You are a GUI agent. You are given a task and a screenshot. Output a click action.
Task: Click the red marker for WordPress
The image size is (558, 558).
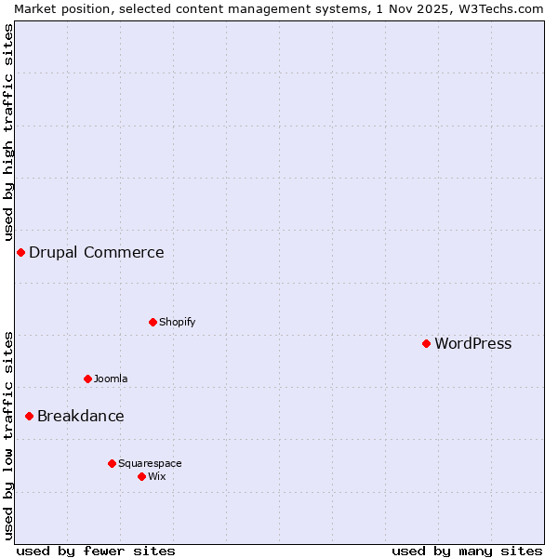coord(426,343)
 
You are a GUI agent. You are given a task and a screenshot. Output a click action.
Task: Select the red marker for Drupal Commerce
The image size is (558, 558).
coord(20,252)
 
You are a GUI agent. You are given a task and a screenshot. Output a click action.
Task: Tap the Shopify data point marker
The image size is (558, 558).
coord(153,322)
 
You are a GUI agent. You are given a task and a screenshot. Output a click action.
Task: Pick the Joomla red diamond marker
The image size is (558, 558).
coord(87,379)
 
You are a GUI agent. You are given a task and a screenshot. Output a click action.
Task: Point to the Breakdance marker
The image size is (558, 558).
coord(29,416)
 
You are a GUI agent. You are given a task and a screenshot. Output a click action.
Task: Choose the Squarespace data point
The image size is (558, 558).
coord(112,463)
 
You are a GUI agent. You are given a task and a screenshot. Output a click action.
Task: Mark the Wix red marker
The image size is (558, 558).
coord(141,476)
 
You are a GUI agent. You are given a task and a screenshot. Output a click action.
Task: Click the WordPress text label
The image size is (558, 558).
coord(472,343)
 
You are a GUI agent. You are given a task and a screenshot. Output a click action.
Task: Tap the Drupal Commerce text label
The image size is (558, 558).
coord(96,252)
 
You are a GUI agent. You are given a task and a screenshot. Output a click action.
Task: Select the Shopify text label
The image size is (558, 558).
coord(177,322)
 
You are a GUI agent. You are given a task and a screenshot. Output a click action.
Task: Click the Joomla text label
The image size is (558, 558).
coord(111,379)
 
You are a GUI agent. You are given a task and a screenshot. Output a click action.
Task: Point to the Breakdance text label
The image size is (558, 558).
coord(80,416)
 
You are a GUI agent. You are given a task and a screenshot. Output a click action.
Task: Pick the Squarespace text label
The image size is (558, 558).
coord(150,463)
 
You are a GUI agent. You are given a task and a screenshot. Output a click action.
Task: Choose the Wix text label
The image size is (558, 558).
coord(156,476)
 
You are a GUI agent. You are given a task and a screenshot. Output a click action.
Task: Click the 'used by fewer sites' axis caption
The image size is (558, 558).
coord(96,551)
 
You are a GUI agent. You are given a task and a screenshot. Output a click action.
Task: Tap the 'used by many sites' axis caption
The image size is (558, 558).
coord(467,551)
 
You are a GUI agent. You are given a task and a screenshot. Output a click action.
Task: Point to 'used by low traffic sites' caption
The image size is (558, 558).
coord(8,435)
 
